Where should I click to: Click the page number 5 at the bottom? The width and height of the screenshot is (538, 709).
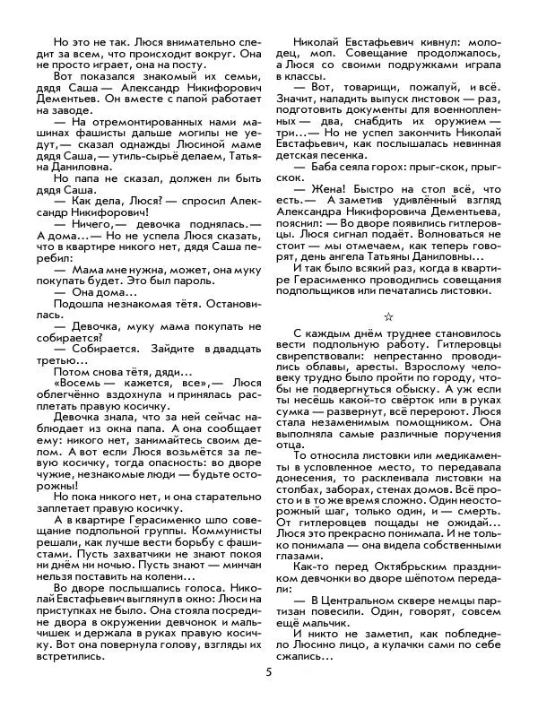click(268, 674)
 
